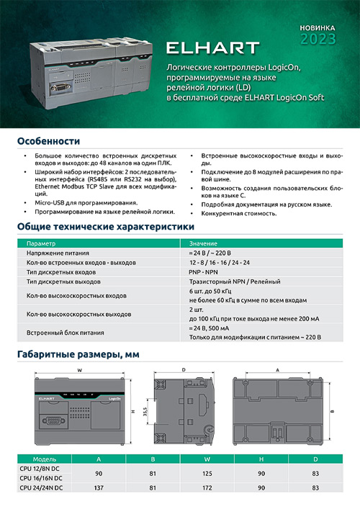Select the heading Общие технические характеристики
(x=89, y=228)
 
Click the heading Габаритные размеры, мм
(x=77, y=355)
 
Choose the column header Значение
(x=203, y=245)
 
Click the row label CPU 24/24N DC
(x=42, y=487)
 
